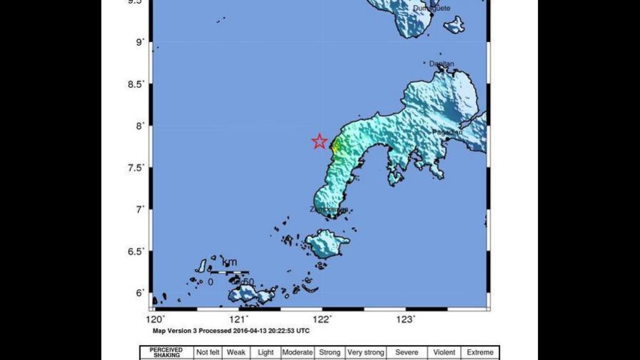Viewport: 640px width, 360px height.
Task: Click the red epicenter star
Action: [319, 141]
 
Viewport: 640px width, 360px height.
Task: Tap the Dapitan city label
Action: [441, 64]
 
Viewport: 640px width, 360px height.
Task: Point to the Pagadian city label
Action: [447, 132]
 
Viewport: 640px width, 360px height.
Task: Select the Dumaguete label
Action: [431, 9]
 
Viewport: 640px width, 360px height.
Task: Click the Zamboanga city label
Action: [329, 210]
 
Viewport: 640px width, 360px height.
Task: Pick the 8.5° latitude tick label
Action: [135, 84]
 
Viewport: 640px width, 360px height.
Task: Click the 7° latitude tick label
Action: [140, 209]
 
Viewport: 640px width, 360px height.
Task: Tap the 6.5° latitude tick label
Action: [135, 251]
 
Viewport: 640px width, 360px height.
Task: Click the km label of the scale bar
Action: [229, 262]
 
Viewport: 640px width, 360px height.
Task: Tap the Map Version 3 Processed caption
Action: [231, 331]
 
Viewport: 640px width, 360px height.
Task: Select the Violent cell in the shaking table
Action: [444, 353]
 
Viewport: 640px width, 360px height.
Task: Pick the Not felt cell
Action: [208, 353]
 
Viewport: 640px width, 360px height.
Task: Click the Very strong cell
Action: [366, 353]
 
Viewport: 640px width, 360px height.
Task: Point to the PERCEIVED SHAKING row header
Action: [166, 353]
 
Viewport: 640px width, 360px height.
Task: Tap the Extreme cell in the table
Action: [480, 353]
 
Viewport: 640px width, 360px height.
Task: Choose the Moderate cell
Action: [297, 353]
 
